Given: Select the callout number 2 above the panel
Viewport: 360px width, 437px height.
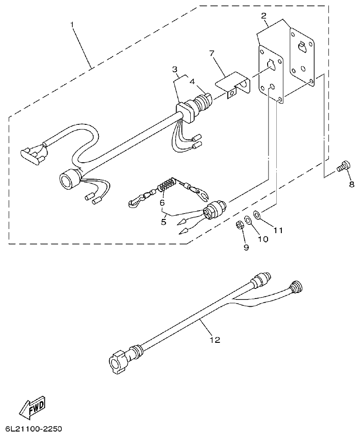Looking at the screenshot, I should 264,16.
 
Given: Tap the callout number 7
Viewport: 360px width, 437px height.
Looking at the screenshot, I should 212,53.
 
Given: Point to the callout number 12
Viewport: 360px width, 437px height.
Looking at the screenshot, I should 215,340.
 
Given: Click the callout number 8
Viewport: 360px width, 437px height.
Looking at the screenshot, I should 351,184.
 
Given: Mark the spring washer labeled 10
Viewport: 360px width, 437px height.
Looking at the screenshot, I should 248,220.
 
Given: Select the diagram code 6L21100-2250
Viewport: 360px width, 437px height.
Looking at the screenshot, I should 33,429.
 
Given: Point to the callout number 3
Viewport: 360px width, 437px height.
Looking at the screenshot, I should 175,69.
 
